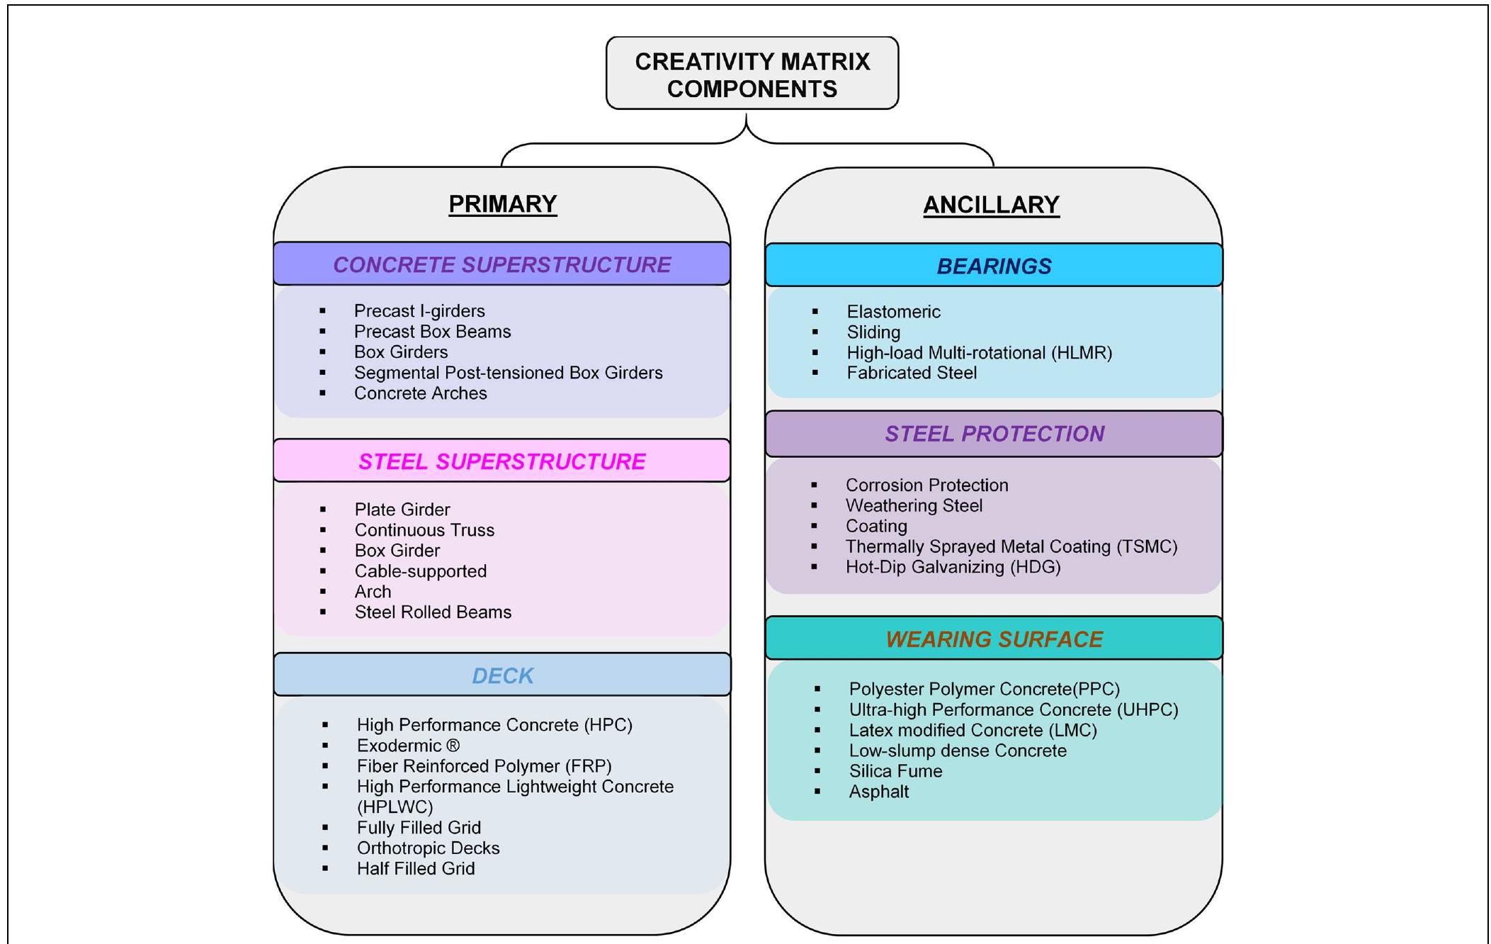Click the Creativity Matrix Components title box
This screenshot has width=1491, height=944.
(x=752, y=74)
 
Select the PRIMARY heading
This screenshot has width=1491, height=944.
(x=502, y=204)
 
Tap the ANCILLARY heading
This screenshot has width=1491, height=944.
(x=991, y=205)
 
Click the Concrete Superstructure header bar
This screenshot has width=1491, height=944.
(x=501, y=264)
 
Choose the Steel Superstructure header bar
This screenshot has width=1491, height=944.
(x=501, y=461)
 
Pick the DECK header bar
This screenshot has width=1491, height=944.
(x=502, y=675)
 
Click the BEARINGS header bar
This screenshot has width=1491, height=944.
(x=994, y=266)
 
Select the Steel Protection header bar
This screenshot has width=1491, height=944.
(x=994, y=434)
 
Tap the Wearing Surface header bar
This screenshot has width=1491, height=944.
(x=994, y=639)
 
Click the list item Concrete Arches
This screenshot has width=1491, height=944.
(x=420, y=393)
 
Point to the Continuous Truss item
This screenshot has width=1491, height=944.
(x=424, y=530)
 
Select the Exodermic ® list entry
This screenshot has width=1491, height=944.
(x=408, y=746)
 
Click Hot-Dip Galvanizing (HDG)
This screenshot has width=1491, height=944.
(x=953, y=567)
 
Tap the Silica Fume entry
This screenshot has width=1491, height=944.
(x=895, y=771)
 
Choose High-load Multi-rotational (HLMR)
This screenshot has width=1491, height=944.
(x=979, y=353)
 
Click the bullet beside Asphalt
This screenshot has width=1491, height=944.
(x=817, y=792)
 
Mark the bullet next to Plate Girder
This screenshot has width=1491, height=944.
(x=323, y=510)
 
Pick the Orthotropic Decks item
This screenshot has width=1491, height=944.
(x=428, y=848)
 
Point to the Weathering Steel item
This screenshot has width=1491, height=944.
(x=914, y=506)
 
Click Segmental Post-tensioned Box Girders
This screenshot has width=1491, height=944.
(x=508, y=373)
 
